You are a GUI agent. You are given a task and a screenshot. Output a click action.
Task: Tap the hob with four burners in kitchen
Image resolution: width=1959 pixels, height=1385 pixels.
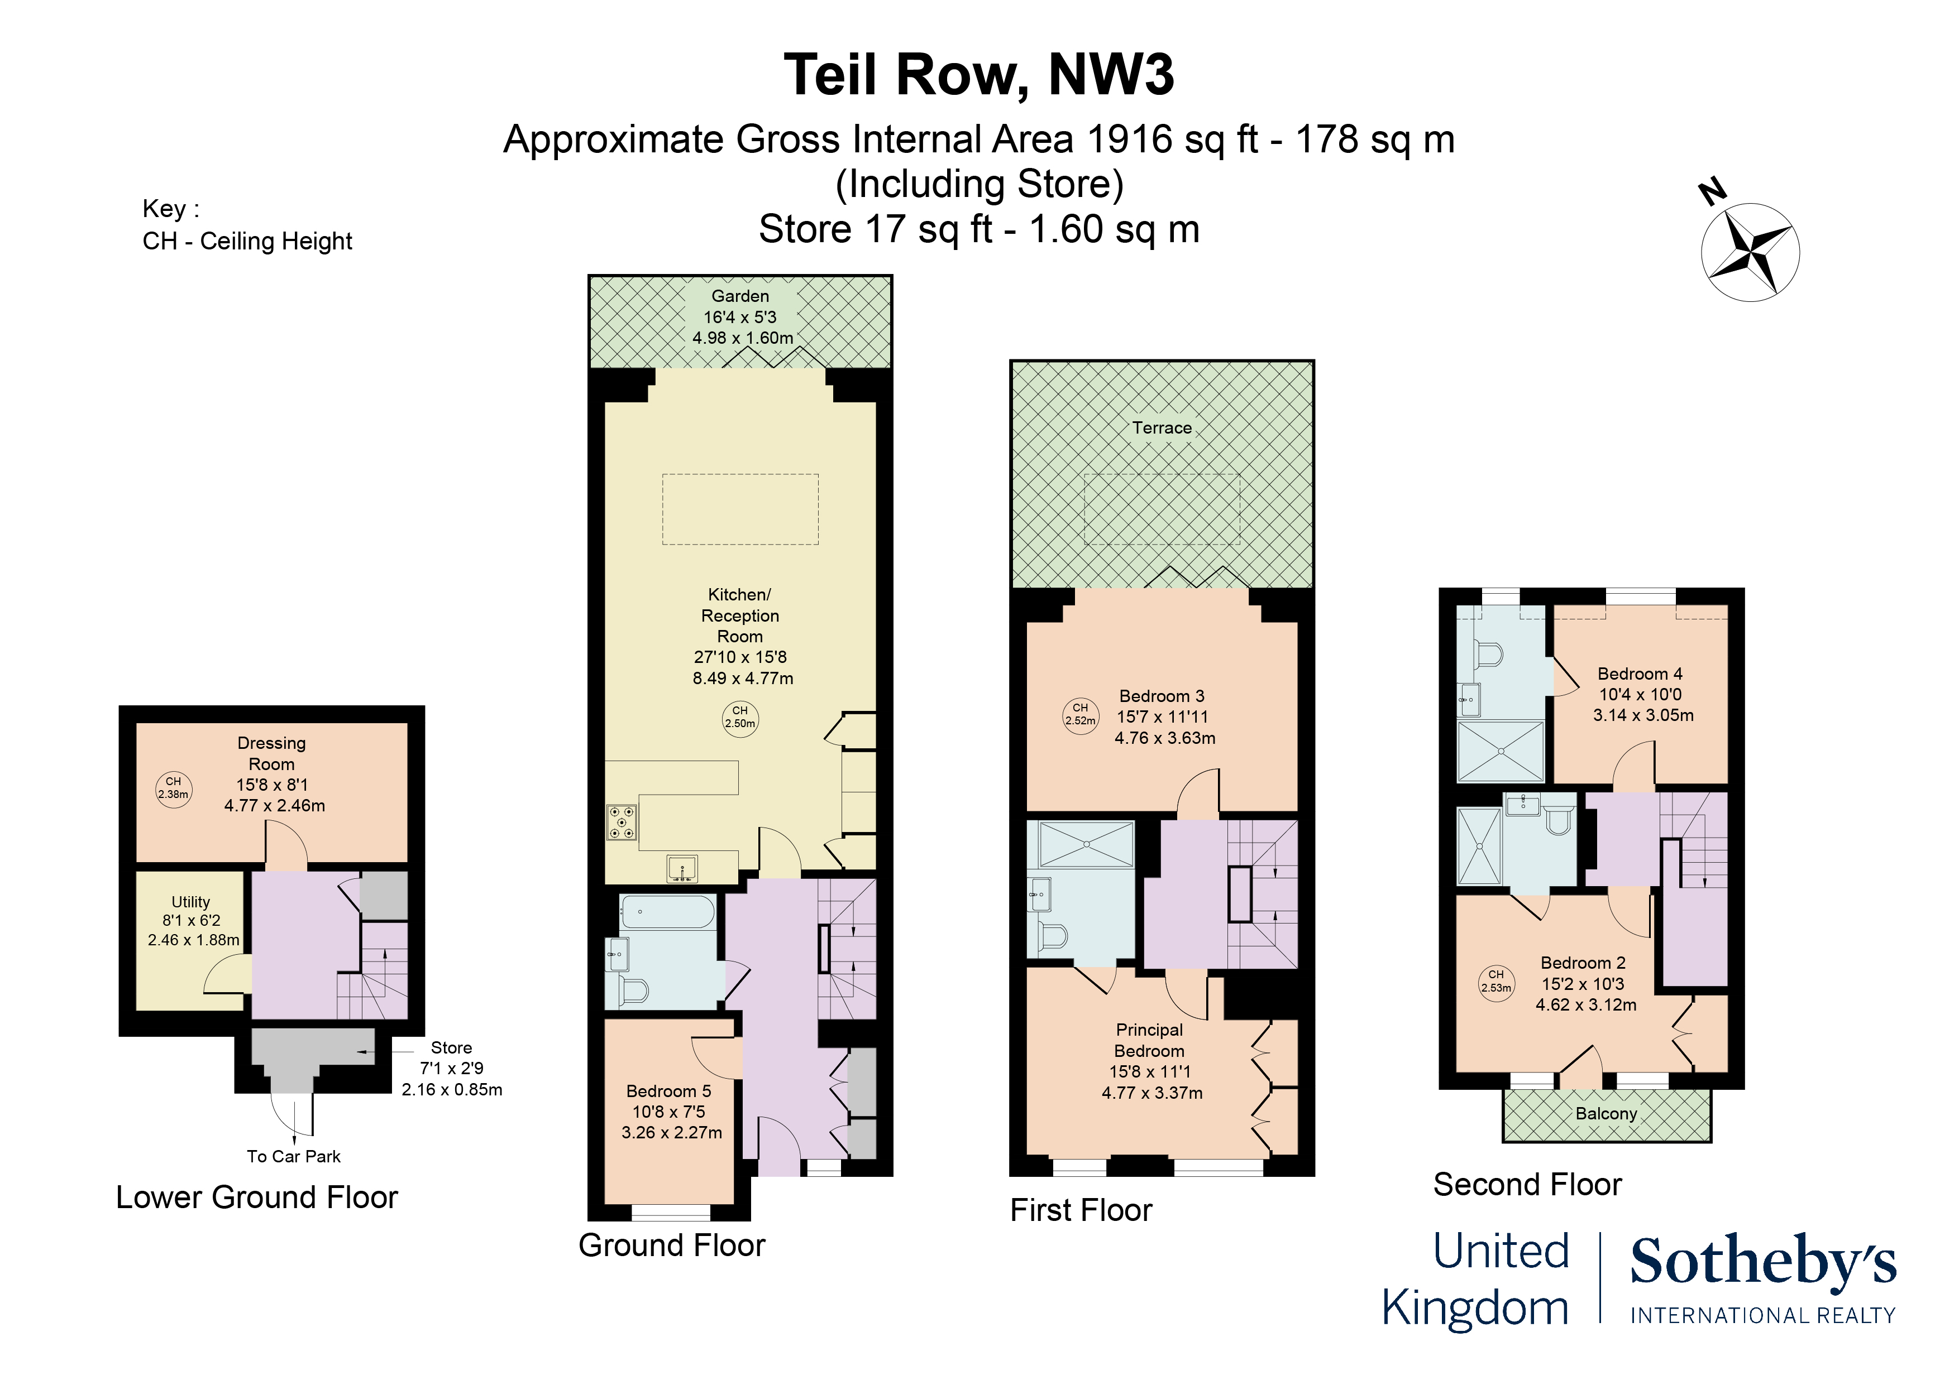coord(621,822)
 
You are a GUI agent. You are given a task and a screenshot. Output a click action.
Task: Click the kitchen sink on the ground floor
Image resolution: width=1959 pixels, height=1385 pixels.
coord(682,869)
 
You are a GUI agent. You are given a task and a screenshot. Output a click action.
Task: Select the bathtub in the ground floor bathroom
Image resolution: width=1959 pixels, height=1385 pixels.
coord(667,912)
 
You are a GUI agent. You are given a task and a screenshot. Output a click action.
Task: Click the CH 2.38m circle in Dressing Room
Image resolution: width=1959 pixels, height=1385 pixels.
coord(173,788)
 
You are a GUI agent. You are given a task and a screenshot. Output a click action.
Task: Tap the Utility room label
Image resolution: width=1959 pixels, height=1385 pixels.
coord(191,902)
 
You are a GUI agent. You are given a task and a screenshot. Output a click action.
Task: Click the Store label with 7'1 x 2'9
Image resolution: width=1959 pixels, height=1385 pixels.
coord(451,1048)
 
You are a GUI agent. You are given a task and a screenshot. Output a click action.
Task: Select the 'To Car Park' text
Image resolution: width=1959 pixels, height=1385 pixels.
coord(294,1156)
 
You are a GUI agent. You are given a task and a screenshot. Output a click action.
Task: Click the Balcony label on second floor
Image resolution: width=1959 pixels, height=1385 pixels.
coord(1606,1114)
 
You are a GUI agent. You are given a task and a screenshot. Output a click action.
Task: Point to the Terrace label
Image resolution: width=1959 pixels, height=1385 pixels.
coord(1161,428)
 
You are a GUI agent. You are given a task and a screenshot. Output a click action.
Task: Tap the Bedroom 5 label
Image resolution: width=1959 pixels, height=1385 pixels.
coord(669,1091)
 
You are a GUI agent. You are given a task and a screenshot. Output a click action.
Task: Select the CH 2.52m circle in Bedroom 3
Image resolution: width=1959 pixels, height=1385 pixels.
coord(1080,715)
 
